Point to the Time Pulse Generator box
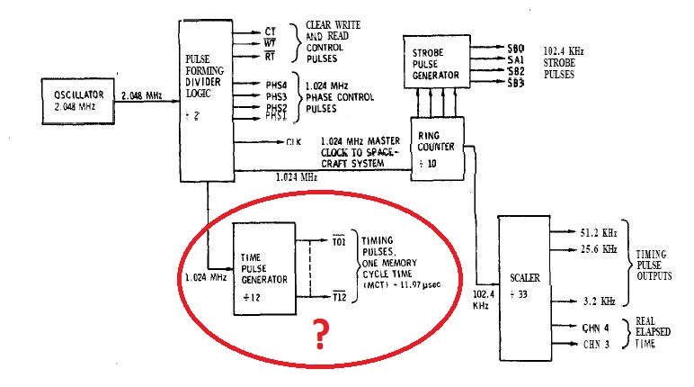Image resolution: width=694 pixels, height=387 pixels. point(263,268)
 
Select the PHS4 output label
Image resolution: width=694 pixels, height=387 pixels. point(275,82)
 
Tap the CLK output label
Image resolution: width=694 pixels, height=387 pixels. point(293,141)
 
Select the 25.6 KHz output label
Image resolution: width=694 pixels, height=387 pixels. point(598,247)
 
